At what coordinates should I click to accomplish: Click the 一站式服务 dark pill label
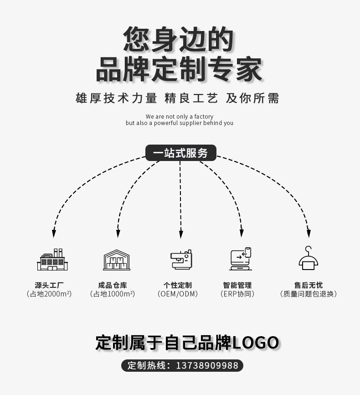180,153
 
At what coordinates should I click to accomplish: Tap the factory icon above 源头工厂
52,260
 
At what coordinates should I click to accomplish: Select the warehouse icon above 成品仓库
117,260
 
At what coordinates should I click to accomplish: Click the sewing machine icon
181,260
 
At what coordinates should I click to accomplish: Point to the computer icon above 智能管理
241,259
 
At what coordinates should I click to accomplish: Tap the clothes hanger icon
309,258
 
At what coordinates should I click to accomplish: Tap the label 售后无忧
309,285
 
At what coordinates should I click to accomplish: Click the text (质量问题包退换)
309,294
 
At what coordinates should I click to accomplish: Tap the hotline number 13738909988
207,366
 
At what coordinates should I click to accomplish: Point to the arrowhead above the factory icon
54,233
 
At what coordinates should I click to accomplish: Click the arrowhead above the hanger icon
309,233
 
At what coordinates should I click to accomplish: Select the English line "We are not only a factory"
180,117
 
